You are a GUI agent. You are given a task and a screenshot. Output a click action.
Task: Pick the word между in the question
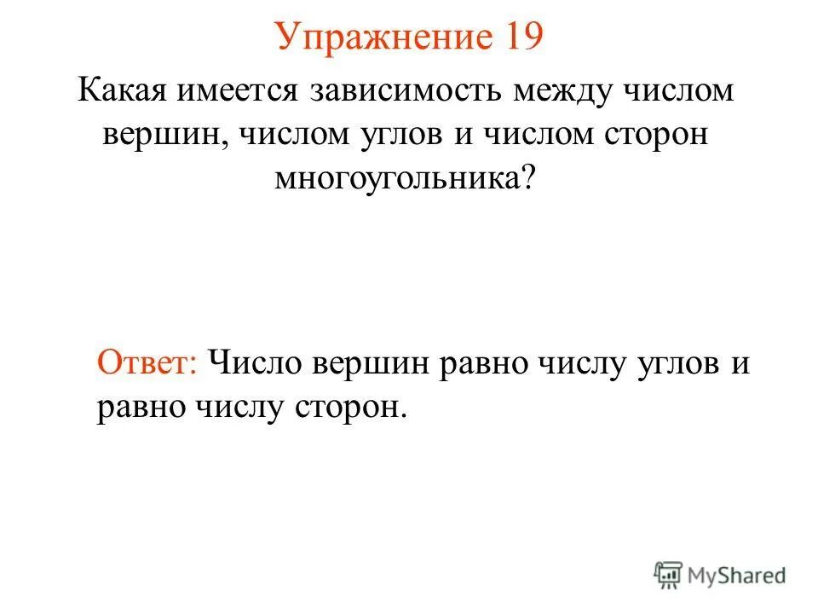click(569, 90)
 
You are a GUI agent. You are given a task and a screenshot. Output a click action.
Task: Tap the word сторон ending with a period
click(354, 409)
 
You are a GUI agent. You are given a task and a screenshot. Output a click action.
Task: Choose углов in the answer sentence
click(677, 362)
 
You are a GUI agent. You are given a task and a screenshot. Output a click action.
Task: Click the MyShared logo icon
click(669, 575)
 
